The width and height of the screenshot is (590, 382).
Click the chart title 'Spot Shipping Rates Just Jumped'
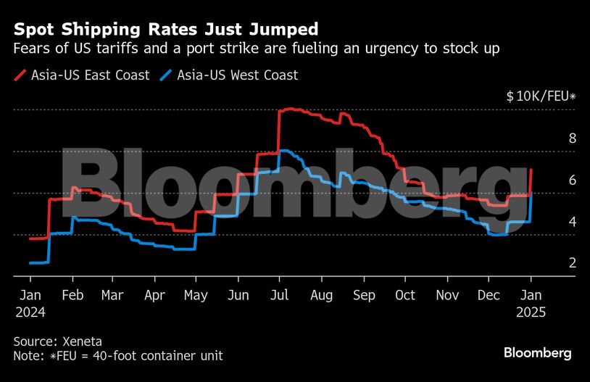(166, 30)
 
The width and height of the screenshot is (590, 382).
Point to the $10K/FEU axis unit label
(541, 96)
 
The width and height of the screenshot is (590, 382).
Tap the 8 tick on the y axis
(552, 138)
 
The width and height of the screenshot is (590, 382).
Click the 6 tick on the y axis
(552, 180)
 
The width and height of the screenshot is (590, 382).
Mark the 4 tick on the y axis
(552, 222)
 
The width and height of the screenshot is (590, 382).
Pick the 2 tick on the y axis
(552, 263)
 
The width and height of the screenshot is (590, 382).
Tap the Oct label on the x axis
(405, 295)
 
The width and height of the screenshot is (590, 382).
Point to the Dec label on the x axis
(489, 295)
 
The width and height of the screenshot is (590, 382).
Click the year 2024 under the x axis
(30, 313)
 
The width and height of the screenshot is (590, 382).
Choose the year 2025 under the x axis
(531, 313)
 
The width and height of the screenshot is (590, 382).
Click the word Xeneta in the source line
(82, 341)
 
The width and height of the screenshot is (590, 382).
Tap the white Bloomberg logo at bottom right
(538, 353)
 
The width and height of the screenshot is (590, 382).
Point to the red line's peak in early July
(291, 109)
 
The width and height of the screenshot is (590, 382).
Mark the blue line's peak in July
(285, 151)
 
